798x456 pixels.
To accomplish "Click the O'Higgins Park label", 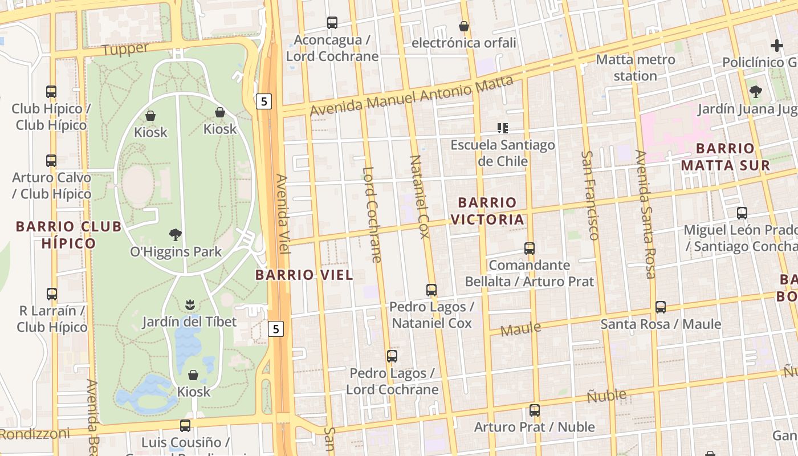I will pos(176,251).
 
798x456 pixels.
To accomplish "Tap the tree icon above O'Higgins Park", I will pos(176,234).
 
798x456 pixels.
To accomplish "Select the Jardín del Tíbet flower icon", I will pos(190,305).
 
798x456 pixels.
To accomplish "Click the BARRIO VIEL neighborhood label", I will pos(304,275).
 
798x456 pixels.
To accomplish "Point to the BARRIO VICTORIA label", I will pos(487,211).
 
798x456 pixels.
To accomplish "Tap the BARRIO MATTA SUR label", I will pos(725,157).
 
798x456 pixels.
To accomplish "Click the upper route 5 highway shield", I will pos(263,101).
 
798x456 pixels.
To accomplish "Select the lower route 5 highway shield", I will pos(276,328).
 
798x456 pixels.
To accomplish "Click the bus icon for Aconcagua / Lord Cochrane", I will pos(332,23).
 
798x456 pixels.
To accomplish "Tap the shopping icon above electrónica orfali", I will pos(464,26).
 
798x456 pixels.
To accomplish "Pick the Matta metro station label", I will pos(635,67).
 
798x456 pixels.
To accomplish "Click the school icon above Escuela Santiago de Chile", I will pos(502,128).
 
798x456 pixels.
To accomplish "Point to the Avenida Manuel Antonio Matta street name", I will pos(412,96).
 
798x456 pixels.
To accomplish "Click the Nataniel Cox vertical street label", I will pos(419,196).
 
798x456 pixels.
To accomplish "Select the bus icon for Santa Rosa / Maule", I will pos(661,307).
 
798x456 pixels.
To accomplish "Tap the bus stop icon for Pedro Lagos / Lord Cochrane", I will pos(392,356).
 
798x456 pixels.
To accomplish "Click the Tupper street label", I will pos(125,49).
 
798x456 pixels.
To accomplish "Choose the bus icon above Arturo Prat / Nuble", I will pos(534,410).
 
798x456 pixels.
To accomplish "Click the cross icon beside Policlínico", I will pos(776,46).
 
